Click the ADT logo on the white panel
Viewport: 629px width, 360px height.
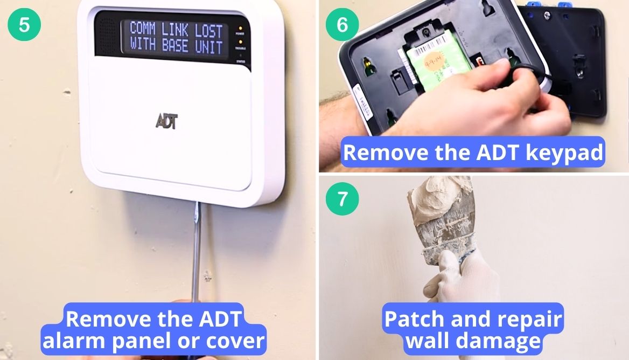coord(166,121)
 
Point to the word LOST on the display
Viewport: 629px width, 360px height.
coord(208,30)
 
